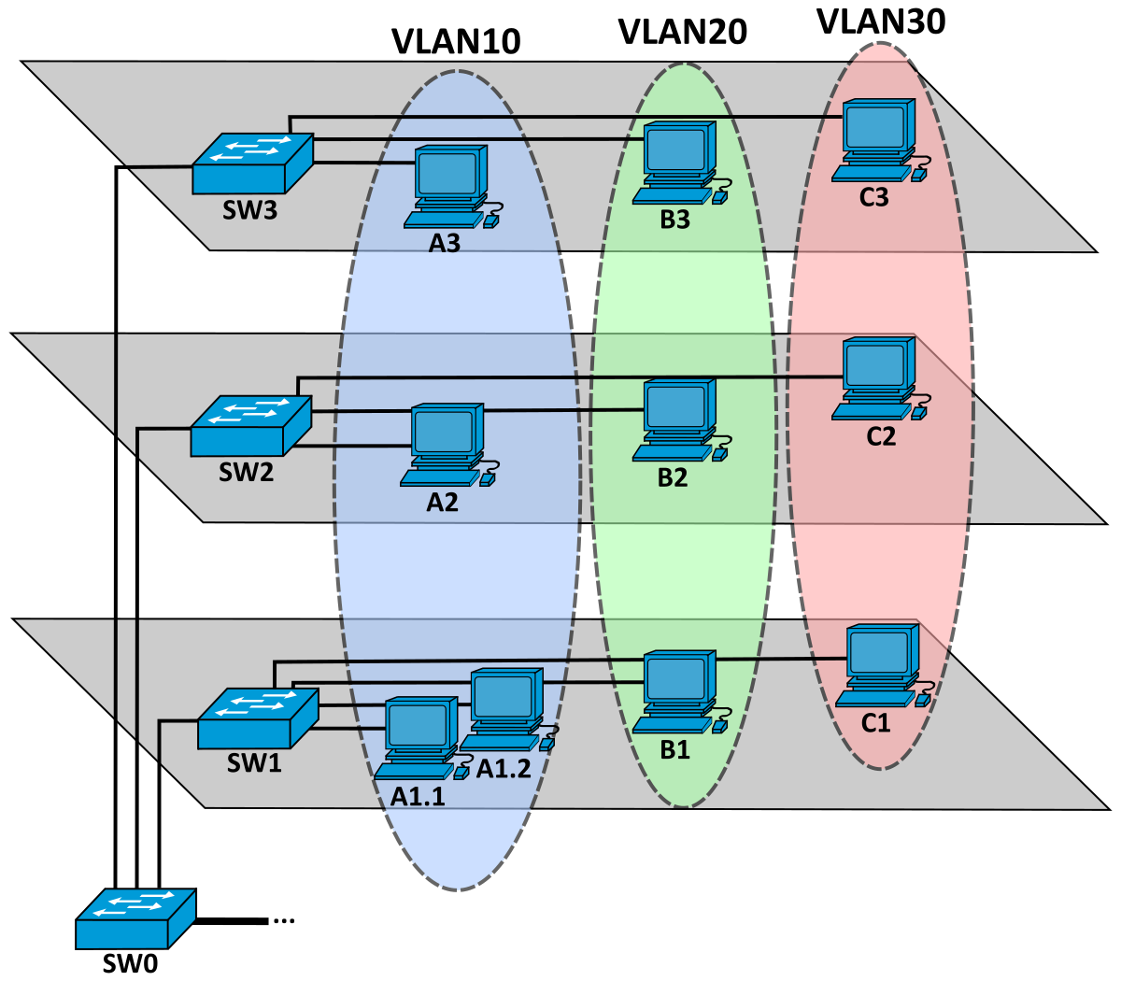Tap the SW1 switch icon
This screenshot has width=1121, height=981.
click(258, 718)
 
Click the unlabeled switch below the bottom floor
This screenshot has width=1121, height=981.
click(135, 919)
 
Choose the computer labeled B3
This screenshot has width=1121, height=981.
click(678, 163)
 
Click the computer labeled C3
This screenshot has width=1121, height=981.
click(876, 140)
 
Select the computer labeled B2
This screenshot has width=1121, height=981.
click(678, 420)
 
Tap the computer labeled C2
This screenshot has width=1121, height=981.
click(876, 378)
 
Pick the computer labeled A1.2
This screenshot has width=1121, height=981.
click(505, 708)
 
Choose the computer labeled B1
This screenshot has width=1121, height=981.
click(678, 692)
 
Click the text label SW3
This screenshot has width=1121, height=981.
click(249, 210)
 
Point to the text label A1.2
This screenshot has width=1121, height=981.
click(504, 768)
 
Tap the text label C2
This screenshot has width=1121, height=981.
click(881, 436)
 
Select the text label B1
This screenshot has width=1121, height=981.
click(674, 749)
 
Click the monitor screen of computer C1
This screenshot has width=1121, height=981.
click(880, 649)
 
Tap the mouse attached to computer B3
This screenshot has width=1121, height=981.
click(719, 197)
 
